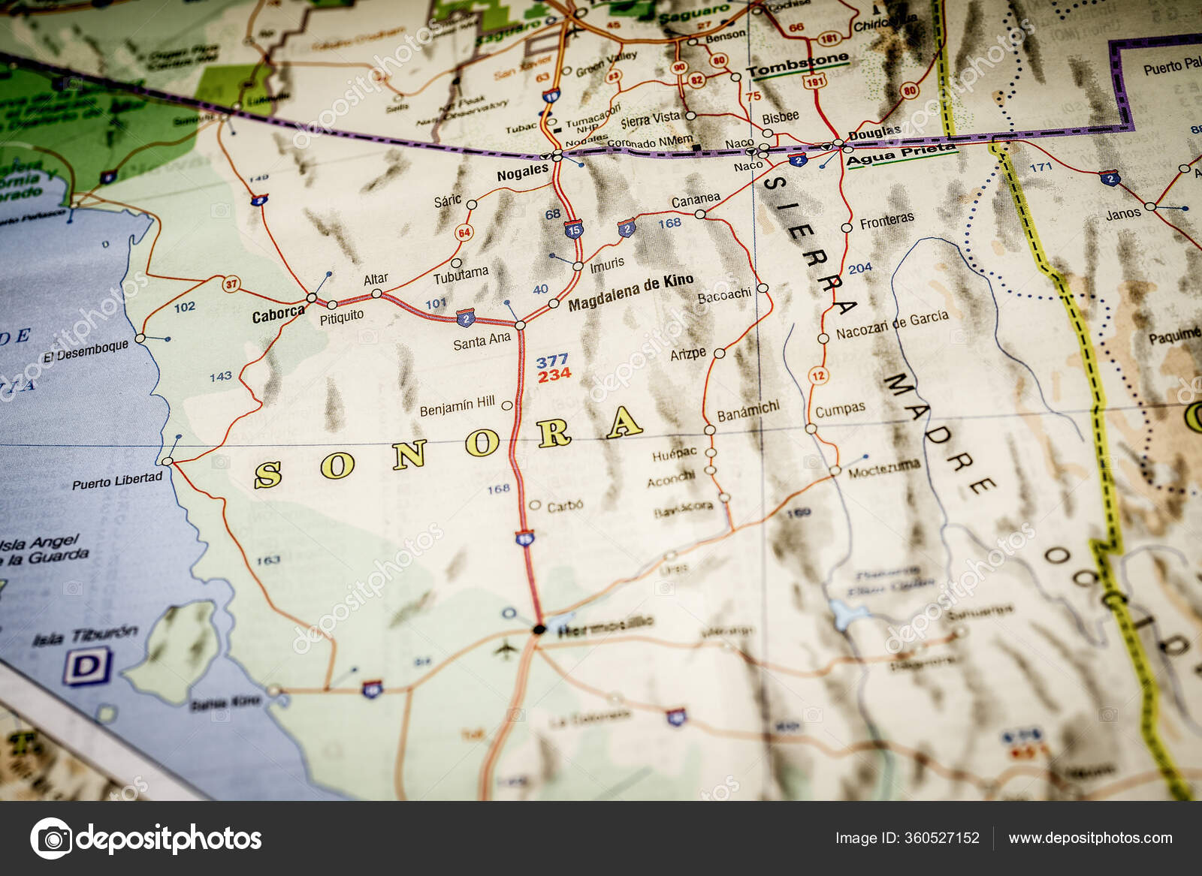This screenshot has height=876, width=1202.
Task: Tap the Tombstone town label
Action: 797,66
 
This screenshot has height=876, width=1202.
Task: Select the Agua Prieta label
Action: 901,155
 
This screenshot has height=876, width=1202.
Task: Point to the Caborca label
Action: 278,315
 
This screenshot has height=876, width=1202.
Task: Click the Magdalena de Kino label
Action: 630,293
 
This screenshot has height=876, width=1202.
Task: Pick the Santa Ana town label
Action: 482,342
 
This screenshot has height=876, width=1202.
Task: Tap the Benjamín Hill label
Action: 457,406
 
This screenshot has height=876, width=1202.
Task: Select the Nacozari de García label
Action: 892,324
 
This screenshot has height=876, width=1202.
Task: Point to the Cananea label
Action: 695,200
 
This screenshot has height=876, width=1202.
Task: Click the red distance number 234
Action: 554,375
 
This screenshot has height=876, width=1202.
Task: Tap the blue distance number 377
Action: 552,361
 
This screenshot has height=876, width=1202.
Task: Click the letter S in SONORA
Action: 268,474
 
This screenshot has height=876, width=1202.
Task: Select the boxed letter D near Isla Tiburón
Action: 87,667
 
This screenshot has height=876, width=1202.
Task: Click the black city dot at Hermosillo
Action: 538,629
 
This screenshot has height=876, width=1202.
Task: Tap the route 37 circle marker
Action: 231,284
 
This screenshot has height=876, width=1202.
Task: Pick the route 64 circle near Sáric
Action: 464,233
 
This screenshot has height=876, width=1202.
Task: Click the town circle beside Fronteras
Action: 847,227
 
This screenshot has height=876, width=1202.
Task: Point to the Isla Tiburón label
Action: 85,636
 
